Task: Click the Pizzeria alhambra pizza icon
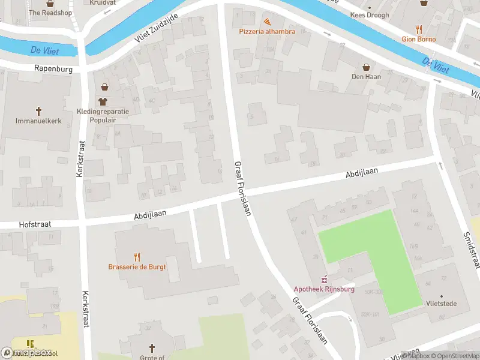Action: pos(267,21)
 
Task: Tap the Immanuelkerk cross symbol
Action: pos(39,111)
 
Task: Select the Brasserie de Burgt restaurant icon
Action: pos(137,257)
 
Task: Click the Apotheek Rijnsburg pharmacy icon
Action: pos(325,279)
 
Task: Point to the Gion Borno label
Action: pos(419,39)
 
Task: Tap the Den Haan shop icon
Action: pos(365,67)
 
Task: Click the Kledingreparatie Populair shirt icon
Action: pos(103,101)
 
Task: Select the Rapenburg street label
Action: pos(53,69)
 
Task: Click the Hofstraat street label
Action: pos(35,224)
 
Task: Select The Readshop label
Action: pos(50,12)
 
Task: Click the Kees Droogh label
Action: pos(370,15)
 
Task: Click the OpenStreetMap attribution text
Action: pos(453,356)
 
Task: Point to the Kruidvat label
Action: pos(102,2)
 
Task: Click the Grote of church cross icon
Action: pos(152,347)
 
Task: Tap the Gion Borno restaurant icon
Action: pos(419,29)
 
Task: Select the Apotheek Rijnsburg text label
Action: pos(324,289)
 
